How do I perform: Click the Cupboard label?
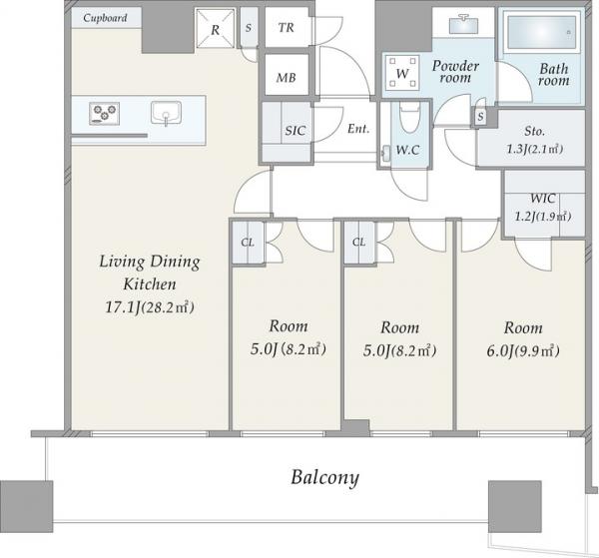105,18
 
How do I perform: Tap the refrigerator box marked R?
215,29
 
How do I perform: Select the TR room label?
287,28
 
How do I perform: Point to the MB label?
287,78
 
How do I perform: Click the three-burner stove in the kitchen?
104,113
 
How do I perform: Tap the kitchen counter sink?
166,113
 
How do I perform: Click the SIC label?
295,131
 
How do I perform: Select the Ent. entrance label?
358,129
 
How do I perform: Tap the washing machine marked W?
402,72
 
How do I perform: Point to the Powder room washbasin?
463,24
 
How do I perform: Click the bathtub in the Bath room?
541,32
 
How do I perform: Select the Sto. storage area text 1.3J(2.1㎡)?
535,149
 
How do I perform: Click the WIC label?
543,199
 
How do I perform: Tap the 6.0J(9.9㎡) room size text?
523,350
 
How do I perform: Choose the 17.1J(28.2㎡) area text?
150,307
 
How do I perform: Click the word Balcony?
325,477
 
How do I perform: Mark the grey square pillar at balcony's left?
26,506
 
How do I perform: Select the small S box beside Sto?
480,117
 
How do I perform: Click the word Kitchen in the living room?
150,284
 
